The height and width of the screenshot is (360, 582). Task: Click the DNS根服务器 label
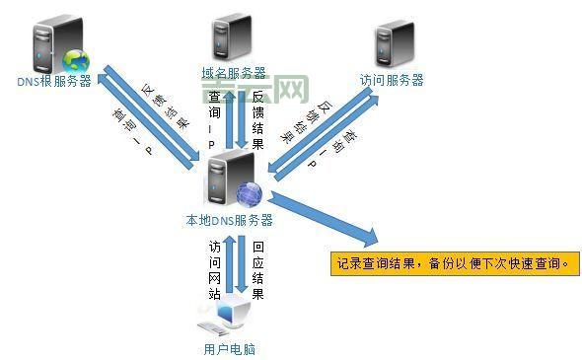[x=54, y=82]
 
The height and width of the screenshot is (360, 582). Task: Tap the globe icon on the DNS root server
[x=75, y=62]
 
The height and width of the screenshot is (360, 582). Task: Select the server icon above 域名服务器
[x=232, y=40]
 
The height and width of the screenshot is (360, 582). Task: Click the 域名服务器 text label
[x=233, y=73]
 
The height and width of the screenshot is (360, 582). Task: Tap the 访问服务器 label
[x=392, y=80]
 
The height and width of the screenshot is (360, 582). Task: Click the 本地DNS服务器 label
[x=229, y=219]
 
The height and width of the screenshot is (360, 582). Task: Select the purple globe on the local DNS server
[x=250, y=194]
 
